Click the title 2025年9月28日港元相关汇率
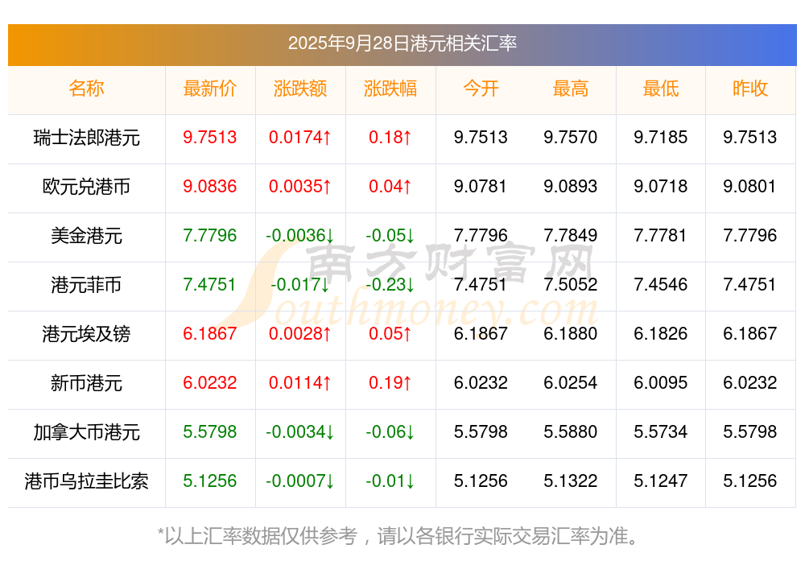coord(402,43)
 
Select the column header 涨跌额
coord(300,89)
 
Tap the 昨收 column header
coord(750,89)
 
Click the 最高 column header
coord(571,89)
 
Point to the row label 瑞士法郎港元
coord(87,138)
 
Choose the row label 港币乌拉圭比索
coord(87,481)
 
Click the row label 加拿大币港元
coord(87,432)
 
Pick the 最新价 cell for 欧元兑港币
coord(210,187)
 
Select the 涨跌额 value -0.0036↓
coord(300,236)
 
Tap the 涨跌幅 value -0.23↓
coord(390,285)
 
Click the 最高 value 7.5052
coord(571,285)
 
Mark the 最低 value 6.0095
coord(661,383)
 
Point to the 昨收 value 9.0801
coord(750,187)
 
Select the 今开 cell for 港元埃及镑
coord(481,334)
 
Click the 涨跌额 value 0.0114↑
coord(300,383)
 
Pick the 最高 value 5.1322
coord(571,481)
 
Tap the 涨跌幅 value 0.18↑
coord(390,138)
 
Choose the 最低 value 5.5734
coord(661,432)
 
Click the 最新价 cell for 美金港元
coord(210,236)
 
